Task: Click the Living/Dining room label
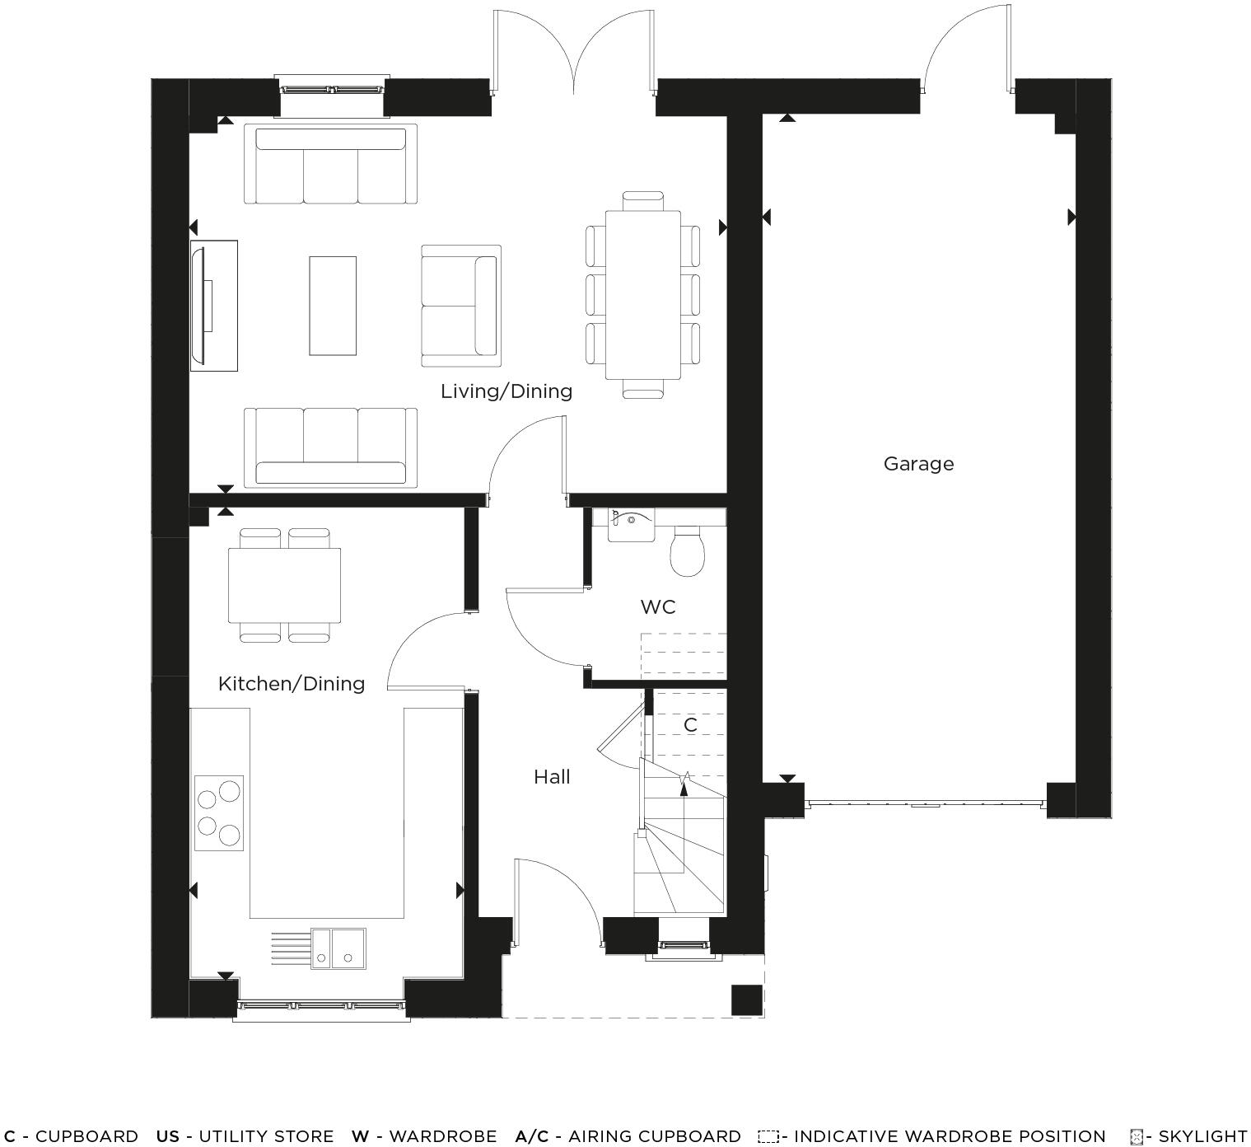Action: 506,391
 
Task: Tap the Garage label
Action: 918,464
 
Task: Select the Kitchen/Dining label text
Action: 292,684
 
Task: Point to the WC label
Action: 658,607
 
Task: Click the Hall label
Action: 552,777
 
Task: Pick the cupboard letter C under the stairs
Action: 690,725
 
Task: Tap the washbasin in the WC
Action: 631,525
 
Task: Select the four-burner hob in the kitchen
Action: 219,812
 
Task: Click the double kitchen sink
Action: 338,948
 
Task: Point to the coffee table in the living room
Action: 333,306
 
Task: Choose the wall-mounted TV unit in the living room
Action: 212,306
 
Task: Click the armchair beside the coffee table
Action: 460,306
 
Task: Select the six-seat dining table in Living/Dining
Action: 642,295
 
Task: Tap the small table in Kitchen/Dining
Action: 284,585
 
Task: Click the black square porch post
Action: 747,1000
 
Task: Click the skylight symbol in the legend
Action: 1137,1137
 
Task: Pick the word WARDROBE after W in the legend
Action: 442,1137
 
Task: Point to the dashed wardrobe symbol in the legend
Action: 768,1137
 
